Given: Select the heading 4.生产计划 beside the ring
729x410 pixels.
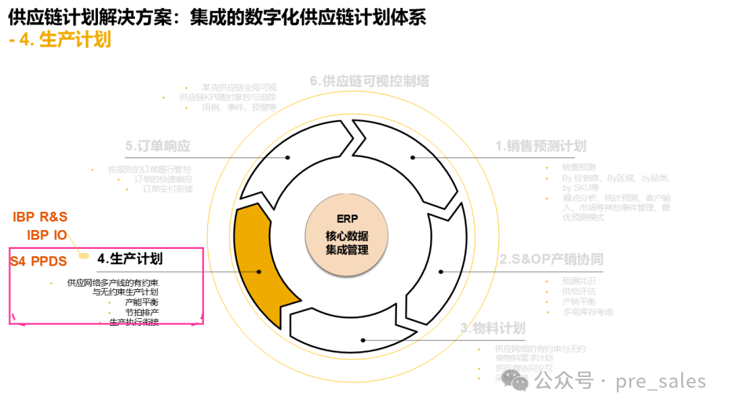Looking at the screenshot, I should pyautogui.click(x=130, y=259).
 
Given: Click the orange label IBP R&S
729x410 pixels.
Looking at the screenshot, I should pyautogui.click(x=40, y=216).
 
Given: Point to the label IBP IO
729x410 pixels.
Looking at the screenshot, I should pyautogui.click(x=47, y=235).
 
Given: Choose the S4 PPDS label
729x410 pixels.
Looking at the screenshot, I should pyautogui.click(x=38, y=261).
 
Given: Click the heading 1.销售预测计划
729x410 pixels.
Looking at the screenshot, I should pyautogui.click(x=540, y=146).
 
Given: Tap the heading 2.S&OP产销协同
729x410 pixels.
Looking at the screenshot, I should pyautogui.click(x=551, y=260).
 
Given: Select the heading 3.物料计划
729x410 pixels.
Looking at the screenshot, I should pyautogui.click(x=493, y=328).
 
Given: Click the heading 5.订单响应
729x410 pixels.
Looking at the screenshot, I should pyautogui.click(x=158, y=146).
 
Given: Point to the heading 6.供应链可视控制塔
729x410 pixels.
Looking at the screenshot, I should pyautogui.click(x=369, y=81).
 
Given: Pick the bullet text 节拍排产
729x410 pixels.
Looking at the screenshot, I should pyautogui.click(x=142, y=313).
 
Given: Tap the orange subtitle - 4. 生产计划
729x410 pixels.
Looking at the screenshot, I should pyautogui.click(x=60, y=40).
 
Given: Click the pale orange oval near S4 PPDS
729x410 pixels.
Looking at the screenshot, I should pyautogui.click(x=84, y=256).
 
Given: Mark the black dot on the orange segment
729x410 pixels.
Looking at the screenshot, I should pyautogui.click(x=260, y=272).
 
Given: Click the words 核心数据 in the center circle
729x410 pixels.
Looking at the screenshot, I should pyautogui.click(x=347, y=236).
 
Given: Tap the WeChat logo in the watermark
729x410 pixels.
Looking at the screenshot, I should pyautogui.click(x=520, y=382).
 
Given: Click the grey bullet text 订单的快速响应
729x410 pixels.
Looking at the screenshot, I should pyautogui.click(x=163, y=179).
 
